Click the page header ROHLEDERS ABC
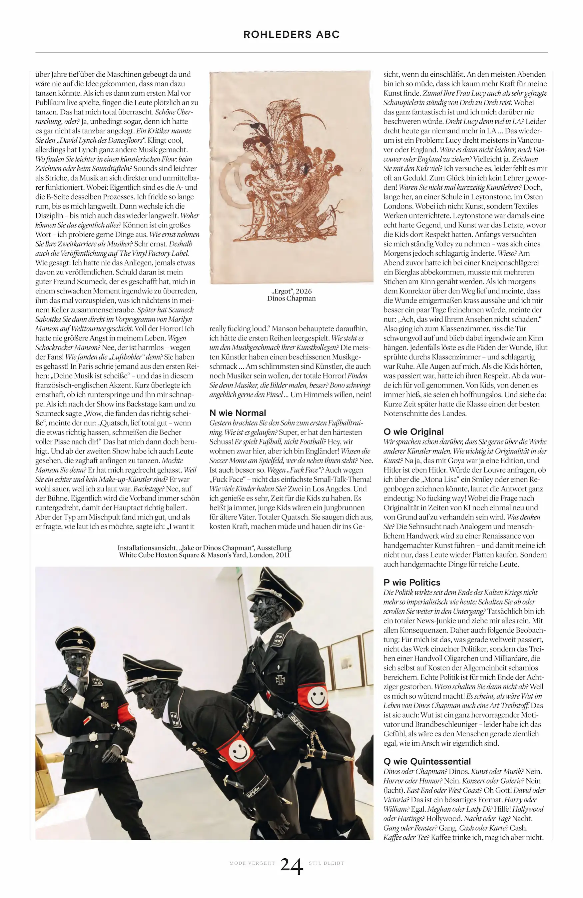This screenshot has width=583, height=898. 291,34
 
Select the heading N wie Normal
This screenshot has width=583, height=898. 238,413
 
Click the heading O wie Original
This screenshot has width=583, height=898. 413,431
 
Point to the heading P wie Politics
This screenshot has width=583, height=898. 411,582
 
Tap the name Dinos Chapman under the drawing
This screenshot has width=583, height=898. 291,298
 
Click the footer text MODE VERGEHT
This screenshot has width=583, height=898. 252,863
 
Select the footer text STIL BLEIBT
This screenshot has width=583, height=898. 326,863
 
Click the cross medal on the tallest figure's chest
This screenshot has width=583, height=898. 280,680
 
